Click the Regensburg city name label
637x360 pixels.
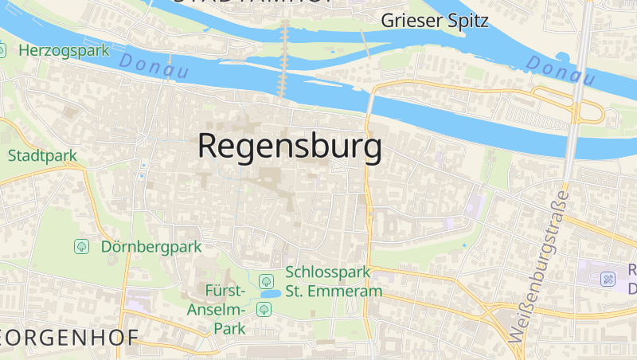pos(289,148)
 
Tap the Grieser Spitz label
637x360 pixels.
pos(435,21)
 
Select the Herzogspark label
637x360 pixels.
pos(64,50)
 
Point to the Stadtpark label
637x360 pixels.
pos(42,155)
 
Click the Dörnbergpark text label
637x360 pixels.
pos(151,247)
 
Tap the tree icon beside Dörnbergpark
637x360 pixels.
pos(81,247)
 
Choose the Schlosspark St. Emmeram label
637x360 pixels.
pos(334,282)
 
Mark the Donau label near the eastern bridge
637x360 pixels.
pos(561,70)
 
